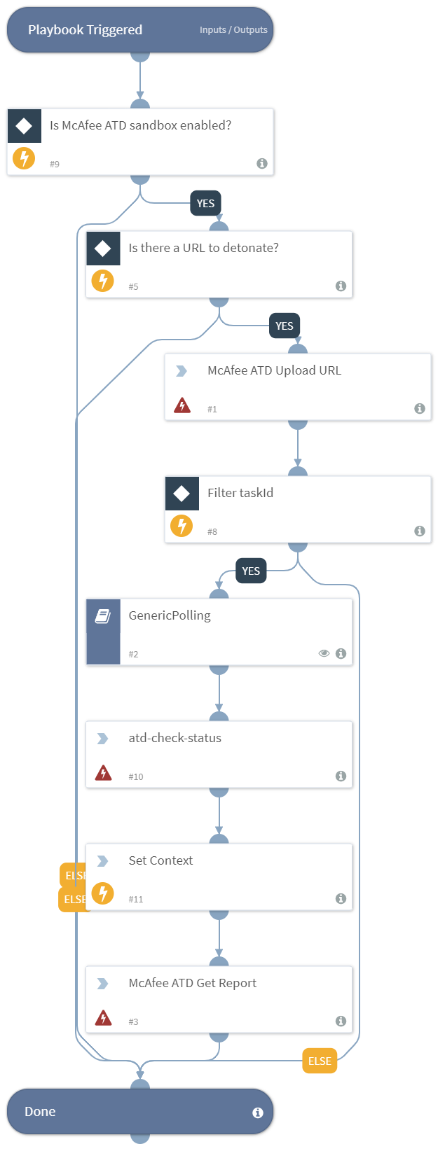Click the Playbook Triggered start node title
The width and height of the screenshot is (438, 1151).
point(85,30)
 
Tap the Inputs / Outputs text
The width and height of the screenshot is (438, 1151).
point(233,30)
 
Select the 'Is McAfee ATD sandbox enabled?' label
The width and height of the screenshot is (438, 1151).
point(140,125)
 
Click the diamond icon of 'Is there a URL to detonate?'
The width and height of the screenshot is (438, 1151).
point(103,249)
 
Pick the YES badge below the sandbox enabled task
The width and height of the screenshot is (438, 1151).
point(205,204)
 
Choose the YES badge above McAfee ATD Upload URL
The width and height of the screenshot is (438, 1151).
point(285,326)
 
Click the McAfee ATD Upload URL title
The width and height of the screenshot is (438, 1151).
point(274,370)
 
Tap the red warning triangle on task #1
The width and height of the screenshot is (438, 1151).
point(182,405)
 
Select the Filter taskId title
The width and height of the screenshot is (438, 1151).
point(240,493)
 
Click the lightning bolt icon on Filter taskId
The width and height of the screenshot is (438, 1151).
point(182,525)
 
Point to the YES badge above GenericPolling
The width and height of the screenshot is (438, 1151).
point(251,571)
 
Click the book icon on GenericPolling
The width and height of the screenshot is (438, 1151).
point(103,616)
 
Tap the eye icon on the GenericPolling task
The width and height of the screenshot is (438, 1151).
point(324,653)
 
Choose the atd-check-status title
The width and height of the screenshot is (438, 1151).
point(174,738)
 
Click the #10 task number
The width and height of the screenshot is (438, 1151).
point(136,776)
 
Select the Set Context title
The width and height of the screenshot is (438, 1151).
point(160,860)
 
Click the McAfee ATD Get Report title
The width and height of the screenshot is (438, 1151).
point(192,983)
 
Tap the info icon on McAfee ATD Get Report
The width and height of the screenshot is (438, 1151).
point(341,1021)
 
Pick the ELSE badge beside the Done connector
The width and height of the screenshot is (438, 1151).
point(320,1061)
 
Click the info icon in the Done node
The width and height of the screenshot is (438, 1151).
point(258,1112)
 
